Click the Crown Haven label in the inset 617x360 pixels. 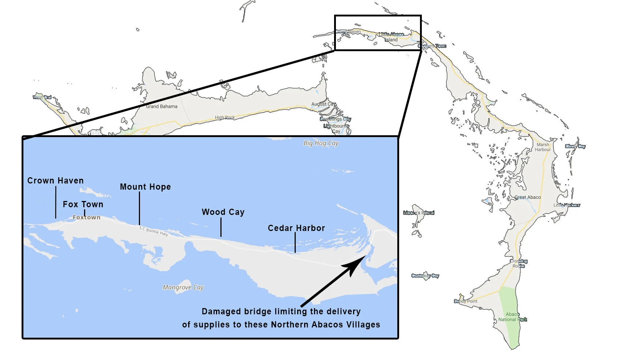click(x=56, y=181)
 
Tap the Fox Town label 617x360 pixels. click(x=83, y=204)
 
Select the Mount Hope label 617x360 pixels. click(x=145, y=187)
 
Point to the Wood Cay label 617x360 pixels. click(x=223, y=212)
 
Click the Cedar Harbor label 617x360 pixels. click(x=296, y=228)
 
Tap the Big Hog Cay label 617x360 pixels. click(x=321, y=143)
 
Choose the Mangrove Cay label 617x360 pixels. click(x=183, y=287)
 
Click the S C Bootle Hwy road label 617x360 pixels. click(x=154, y=231)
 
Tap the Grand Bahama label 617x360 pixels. click(x=162, y=106)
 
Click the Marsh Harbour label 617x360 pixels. click(x=543, y=147)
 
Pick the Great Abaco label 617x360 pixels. click(x=527, y=197)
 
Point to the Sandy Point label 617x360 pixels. click(x=466, y=301)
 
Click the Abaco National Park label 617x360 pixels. click(x=512, y=317)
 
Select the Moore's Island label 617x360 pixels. click(x=419, y=213)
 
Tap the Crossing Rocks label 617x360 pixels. click(x=519, y=264)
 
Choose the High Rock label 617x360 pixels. click(x=225, y=117)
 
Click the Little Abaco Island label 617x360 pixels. click(x=391, y=37)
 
